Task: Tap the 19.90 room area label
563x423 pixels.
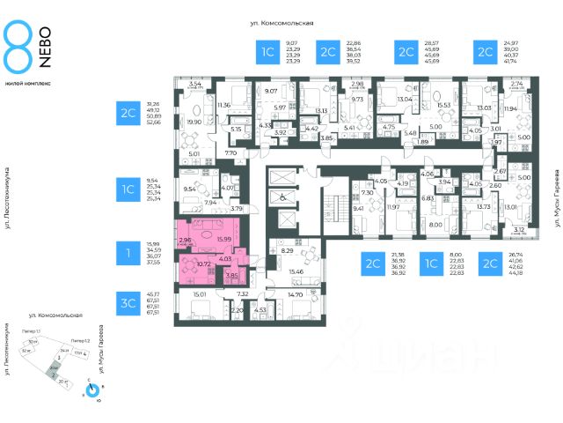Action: (194, 122)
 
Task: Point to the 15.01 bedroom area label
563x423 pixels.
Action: (199, 294)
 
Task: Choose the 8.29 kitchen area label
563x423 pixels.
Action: (287, 251)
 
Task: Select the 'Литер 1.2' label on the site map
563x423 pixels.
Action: (79, 339)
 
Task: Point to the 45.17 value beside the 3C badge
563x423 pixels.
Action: (152, 293)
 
